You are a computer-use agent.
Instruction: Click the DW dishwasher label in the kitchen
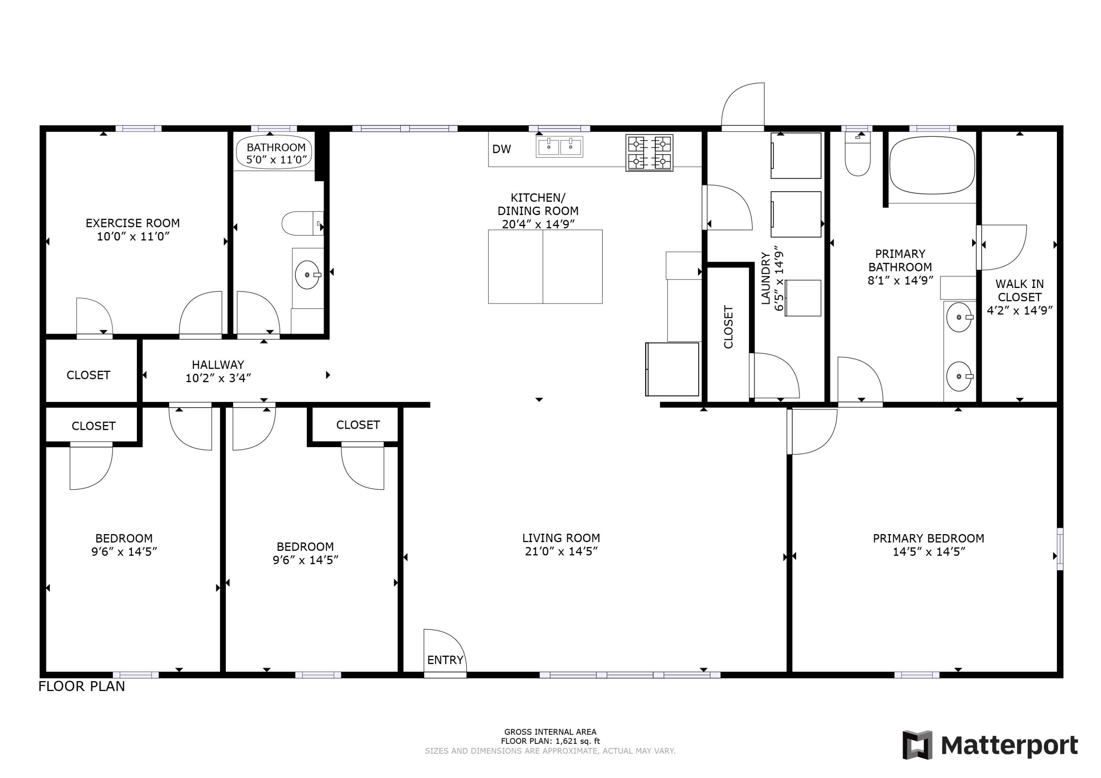pos(502,149)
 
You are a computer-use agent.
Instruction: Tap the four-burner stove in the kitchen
pos(649,153)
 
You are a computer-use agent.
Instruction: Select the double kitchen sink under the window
pos(559,146)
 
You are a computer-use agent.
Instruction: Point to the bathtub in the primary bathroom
pos(932,165)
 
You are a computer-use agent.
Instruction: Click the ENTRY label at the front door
pos(445,660)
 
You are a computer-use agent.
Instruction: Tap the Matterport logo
pos(990,745)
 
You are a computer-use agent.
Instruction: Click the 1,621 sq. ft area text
pos(550,741)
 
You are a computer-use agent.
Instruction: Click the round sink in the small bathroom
pos(307,275)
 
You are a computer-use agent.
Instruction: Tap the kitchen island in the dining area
pos(545,267)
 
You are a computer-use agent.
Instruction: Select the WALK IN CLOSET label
pos(1020,291)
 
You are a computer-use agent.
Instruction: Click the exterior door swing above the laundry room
pos(743,106)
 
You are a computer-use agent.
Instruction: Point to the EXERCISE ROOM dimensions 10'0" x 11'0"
pos(133,236)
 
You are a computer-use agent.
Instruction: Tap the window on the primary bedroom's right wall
pos(1060,549)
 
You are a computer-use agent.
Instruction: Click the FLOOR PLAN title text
pos(81,686)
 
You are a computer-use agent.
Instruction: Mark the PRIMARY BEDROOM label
pos(929,538)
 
